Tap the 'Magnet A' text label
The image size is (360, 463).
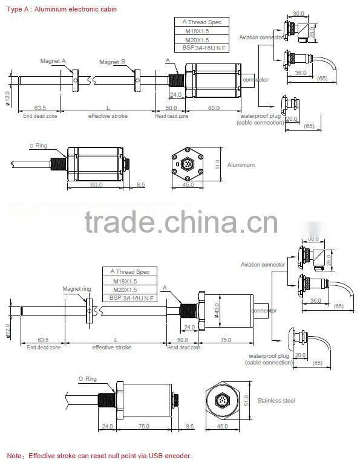(x=53, y=61)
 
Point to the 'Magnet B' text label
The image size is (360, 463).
(x=112, y=62)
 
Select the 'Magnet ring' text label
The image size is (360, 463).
(x=76, y=289)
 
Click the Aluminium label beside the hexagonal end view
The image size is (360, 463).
(x=241, y=164)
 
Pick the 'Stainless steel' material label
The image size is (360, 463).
(x=276, y=400)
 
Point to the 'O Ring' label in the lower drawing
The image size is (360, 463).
(x=87, y=378)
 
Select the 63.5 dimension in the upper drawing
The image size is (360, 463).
(x=40, y=108)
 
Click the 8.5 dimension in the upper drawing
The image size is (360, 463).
(x=140, y=185)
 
